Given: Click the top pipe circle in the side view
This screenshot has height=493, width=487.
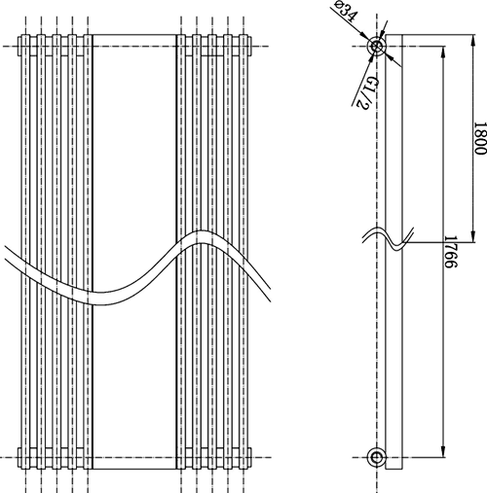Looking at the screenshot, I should (377, 47).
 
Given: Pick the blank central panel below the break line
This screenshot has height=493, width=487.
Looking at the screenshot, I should (133, 389).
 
